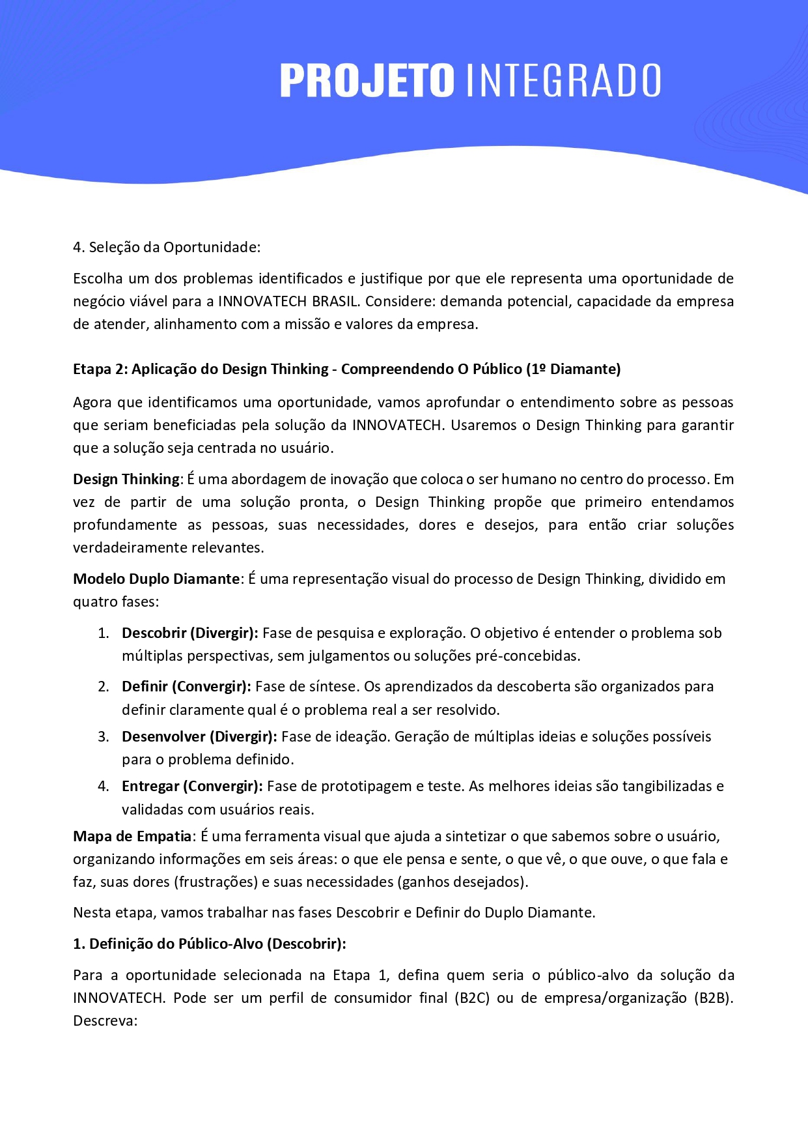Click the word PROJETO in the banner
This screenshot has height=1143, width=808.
coord(367,81)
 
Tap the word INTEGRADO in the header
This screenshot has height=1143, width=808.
coord(563,81)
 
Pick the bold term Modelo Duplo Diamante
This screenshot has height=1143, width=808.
coord(156,579)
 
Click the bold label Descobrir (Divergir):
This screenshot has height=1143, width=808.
coord(189,633)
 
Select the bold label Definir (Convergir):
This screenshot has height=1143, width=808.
coord(186,687)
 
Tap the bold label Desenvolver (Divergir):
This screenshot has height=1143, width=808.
coord(199,737)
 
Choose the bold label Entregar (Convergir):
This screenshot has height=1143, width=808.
coord(192,787)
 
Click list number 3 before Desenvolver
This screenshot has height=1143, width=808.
coord(103,737)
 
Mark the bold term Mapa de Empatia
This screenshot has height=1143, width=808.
coord(132,837)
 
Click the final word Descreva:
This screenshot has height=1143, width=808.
coord(105,1021)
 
